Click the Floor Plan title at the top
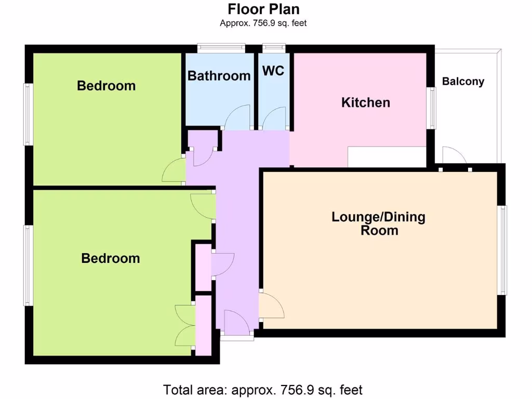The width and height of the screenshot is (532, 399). pos(263,9)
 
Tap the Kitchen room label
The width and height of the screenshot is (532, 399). pos(365,102)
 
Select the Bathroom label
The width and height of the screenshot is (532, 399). pos(219,76)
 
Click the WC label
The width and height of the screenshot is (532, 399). pos(273,71)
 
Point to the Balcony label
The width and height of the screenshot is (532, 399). pos(463,82)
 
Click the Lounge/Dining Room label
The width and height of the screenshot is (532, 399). pos(378,223)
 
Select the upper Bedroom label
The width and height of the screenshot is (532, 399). pos(106,86)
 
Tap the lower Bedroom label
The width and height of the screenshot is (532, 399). pos(110,258)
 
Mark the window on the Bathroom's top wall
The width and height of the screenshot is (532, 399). pos(221,48)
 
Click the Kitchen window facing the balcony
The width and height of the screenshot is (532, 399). pos(431,108)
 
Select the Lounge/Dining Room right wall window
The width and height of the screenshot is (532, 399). pos(503,250)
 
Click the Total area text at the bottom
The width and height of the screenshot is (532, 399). pos(262,389)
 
